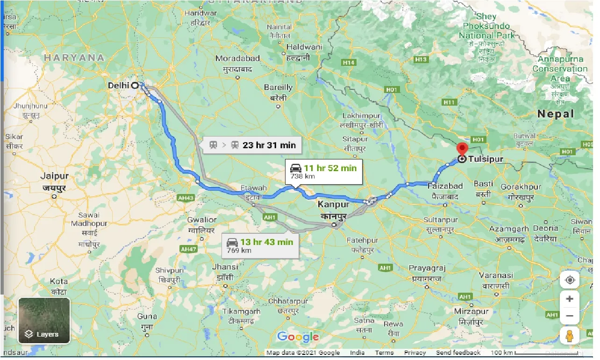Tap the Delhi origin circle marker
(135, 85)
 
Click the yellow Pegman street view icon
(570, 336)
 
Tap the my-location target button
(570, 280)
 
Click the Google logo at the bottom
(298, 337)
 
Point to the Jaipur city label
(54, 176)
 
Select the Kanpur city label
(333, 204)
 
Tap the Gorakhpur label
(521, 187)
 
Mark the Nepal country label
(556, 114)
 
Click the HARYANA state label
(74, 58)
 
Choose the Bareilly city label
(278, 87)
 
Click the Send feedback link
(458, 353)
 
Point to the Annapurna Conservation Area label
(560, 69)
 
